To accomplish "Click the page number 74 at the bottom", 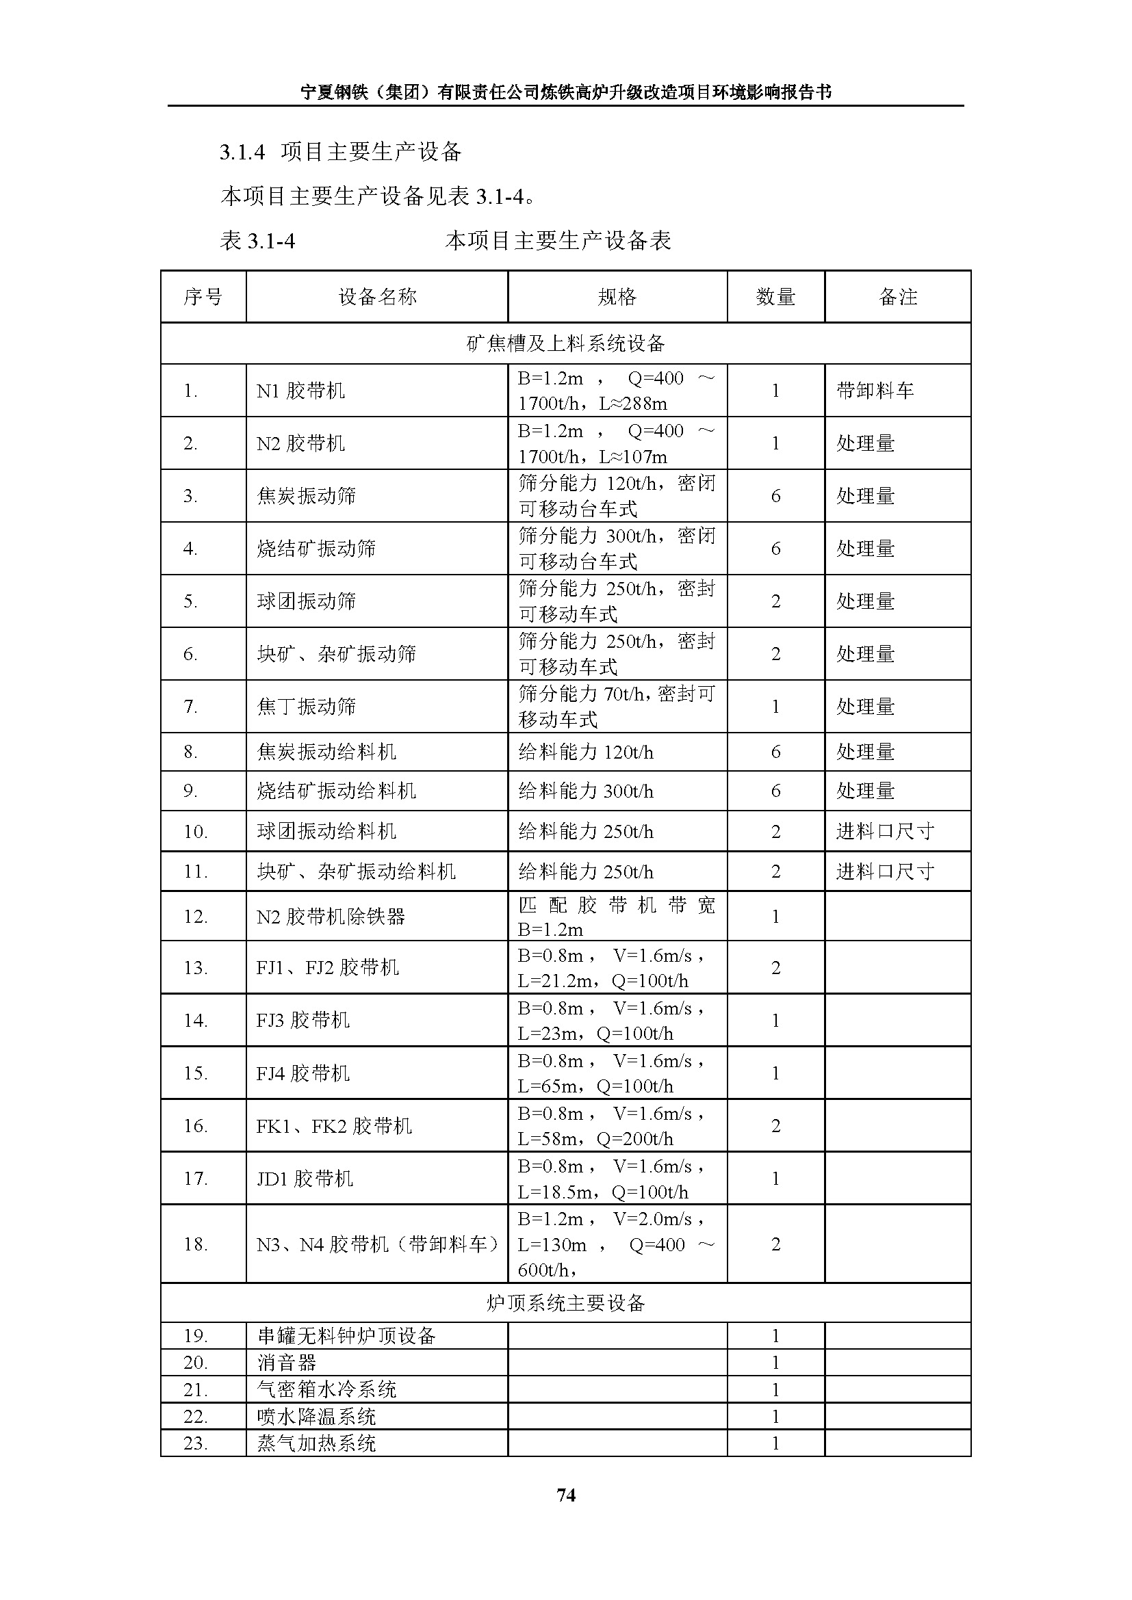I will (x=566, y=1495).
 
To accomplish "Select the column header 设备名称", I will (x=377, y=297).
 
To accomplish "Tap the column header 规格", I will (x=617, y=297).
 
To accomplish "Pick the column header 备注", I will (x=898, y=297).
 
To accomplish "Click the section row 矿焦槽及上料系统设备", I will (x=565, y=343).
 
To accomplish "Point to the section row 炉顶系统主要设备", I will (x=565, y=1303).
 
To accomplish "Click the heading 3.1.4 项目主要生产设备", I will (x=340, y=152).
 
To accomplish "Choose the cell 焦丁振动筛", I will (x=306, y=707).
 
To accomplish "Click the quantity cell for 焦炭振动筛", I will (x=775, y=496).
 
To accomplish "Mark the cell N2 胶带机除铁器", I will (x=331, y=917).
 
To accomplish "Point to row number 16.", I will (x=195, y=1126).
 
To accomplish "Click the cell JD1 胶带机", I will (x=305, y=1179).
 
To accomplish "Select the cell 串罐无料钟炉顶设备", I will (x=346, y=1336).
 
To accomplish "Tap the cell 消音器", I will (x=287, y=1363).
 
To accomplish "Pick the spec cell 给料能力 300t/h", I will (x=586, y=791).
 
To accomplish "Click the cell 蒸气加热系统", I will (x=316, y=1443).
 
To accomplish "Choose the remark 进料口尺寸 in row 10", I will (x=884, y=831).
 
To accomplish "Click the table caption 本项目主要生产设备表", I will (x=558, y=241).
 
